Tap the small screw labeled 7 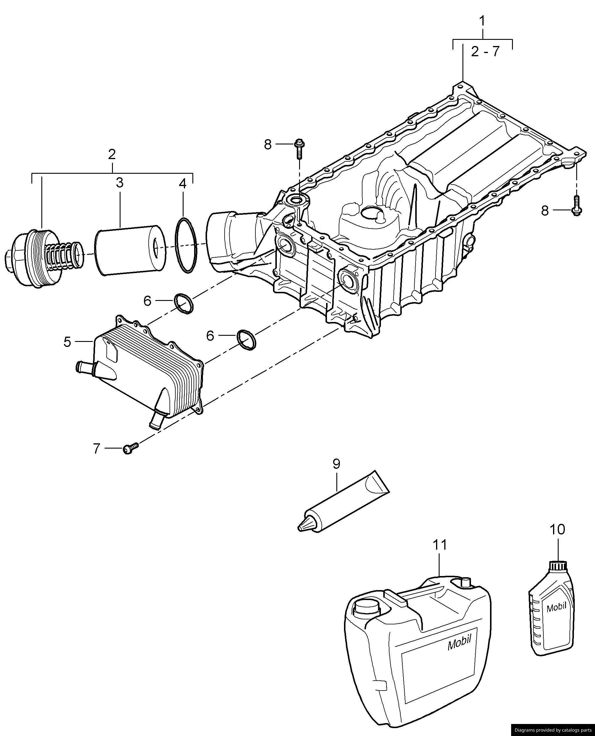click(130, 448)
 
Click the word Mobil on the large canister click(459, 645)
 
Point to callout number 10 click(557, 529)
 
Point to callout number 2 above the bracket click(112, 155)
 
